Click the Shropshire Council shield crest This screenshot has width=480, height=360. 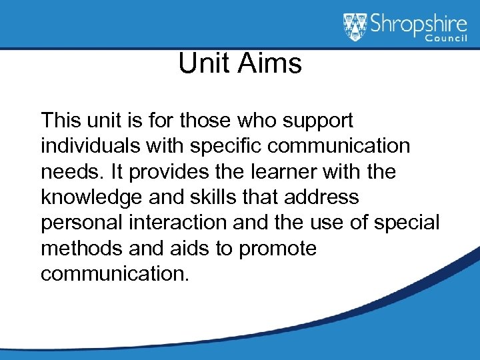(355, 27)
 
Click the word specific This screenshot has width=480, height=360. (217, 147)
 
